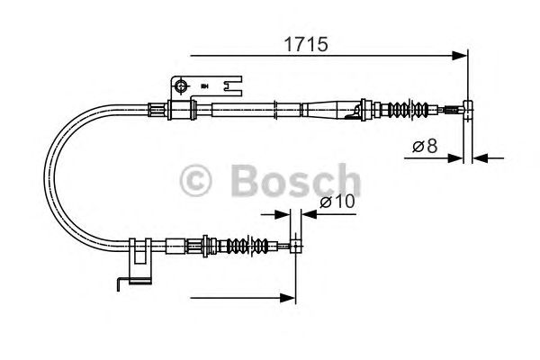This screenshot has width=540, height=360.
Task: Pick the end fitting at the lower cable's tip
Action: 294,244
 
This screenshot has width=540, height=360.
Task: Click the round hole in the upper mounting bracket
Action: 182,86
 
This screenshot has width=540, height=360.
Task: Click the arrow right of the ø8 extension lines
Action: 478,157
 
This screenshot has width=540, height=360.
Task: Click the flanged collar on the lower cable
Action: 208,244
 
